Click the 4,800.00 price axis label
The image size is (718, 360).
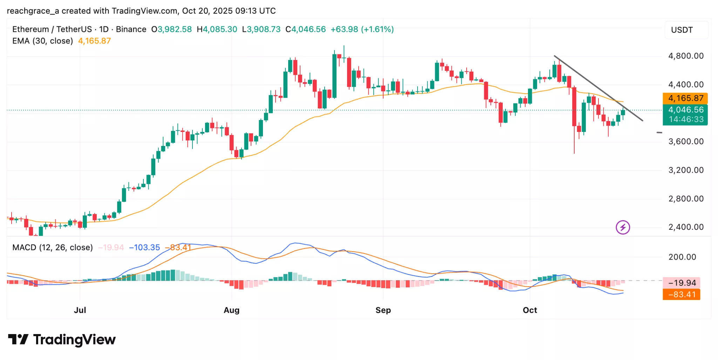tap(686, 56)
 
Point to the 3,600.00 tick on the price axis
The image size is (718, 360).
tap(686, 142)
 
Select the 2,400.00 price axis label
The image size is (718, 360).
tap(686, 227)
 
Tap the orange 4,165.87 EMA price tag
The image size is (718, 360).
tap(685, 98)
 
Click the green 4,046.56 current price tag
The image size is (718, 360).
tap(685, 110)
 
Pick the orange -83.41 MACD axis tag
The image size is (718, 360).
tap(681, 295)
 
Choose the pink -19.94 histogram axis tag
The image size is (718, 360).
tap(681, 283)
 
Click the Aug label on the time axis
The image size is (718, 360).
tap(231, 310)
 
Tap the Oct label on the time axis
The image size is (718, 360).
tap(530, 310)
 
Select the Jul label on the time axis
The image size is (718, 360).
tap(80, 310)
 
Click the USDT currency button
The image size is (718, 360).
tap(682, 30)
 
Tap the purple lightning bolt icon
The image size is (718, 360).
tap(623, 227)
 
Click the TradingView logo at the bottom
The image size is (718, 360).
tap(62, 340)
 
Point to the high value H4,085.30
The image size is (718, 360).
tap(217, 29)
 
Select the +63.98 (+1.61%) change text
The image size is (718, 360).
tap(362, 29)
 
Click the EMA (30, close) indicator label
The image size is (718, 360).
tap(42, 41)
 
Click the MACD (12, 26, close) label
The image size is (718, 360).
tap(53, 248)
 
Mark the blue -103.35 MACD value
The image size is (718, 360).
tap(144, 248)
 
